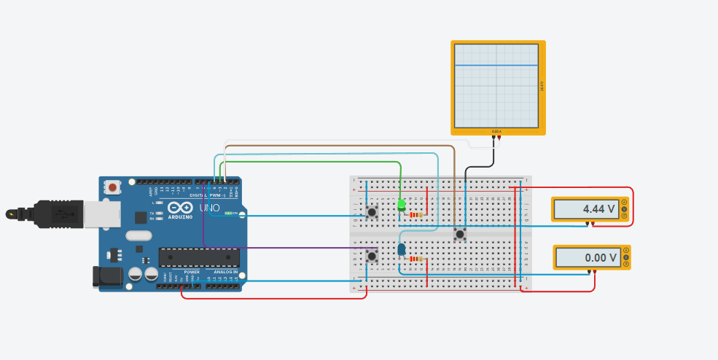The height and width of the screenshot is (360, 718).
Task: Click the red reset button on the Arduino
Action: click(112, 187)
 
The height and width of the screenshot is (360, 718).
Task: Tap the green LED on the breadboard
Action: click(402, 206)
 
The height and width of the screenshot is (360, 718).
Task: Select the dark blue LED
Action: click(402, 250)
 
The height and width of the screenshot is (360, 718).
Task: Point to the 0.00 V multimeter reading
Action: click(588, 257)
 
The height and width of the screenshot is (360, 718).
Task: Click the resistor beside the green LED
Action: click(416, 215)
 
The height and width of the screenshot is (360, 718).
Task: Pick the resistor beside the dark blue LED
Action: click(415, 259)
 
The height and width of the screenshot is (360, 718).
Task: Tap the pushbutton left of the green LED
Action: click(372, 212)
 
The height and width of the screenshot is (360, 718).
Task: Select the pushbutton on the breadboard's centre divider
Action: click(460, 234)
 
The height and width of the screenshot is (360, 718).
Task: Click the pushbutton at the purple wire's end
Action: click(372, 256)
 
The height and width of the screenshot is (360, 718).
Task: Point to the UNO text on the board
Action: click(210, 208)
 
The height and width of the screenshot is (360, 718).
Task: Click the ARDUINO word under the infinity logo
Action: click(179, 216)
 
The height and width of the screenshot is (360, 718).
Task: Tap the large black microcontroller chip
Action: click(199, 257)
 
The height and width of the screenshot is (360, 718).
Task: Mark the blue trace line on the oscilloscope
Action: click(496, 66)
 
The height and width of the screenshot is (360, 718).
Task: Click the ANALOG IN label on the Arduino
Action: click(225, 272)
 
